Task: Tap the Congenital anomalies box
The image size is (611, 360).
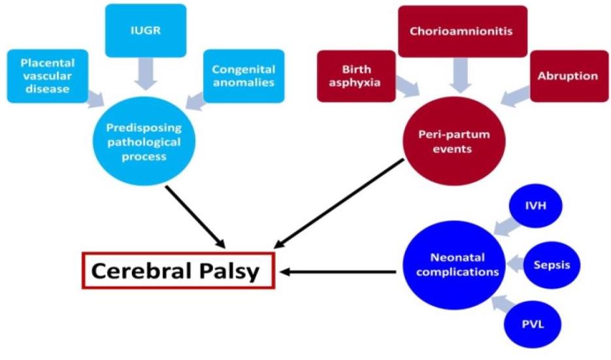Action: point(244,76)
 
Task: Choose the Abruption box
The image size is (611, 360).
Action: point(567,76)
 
